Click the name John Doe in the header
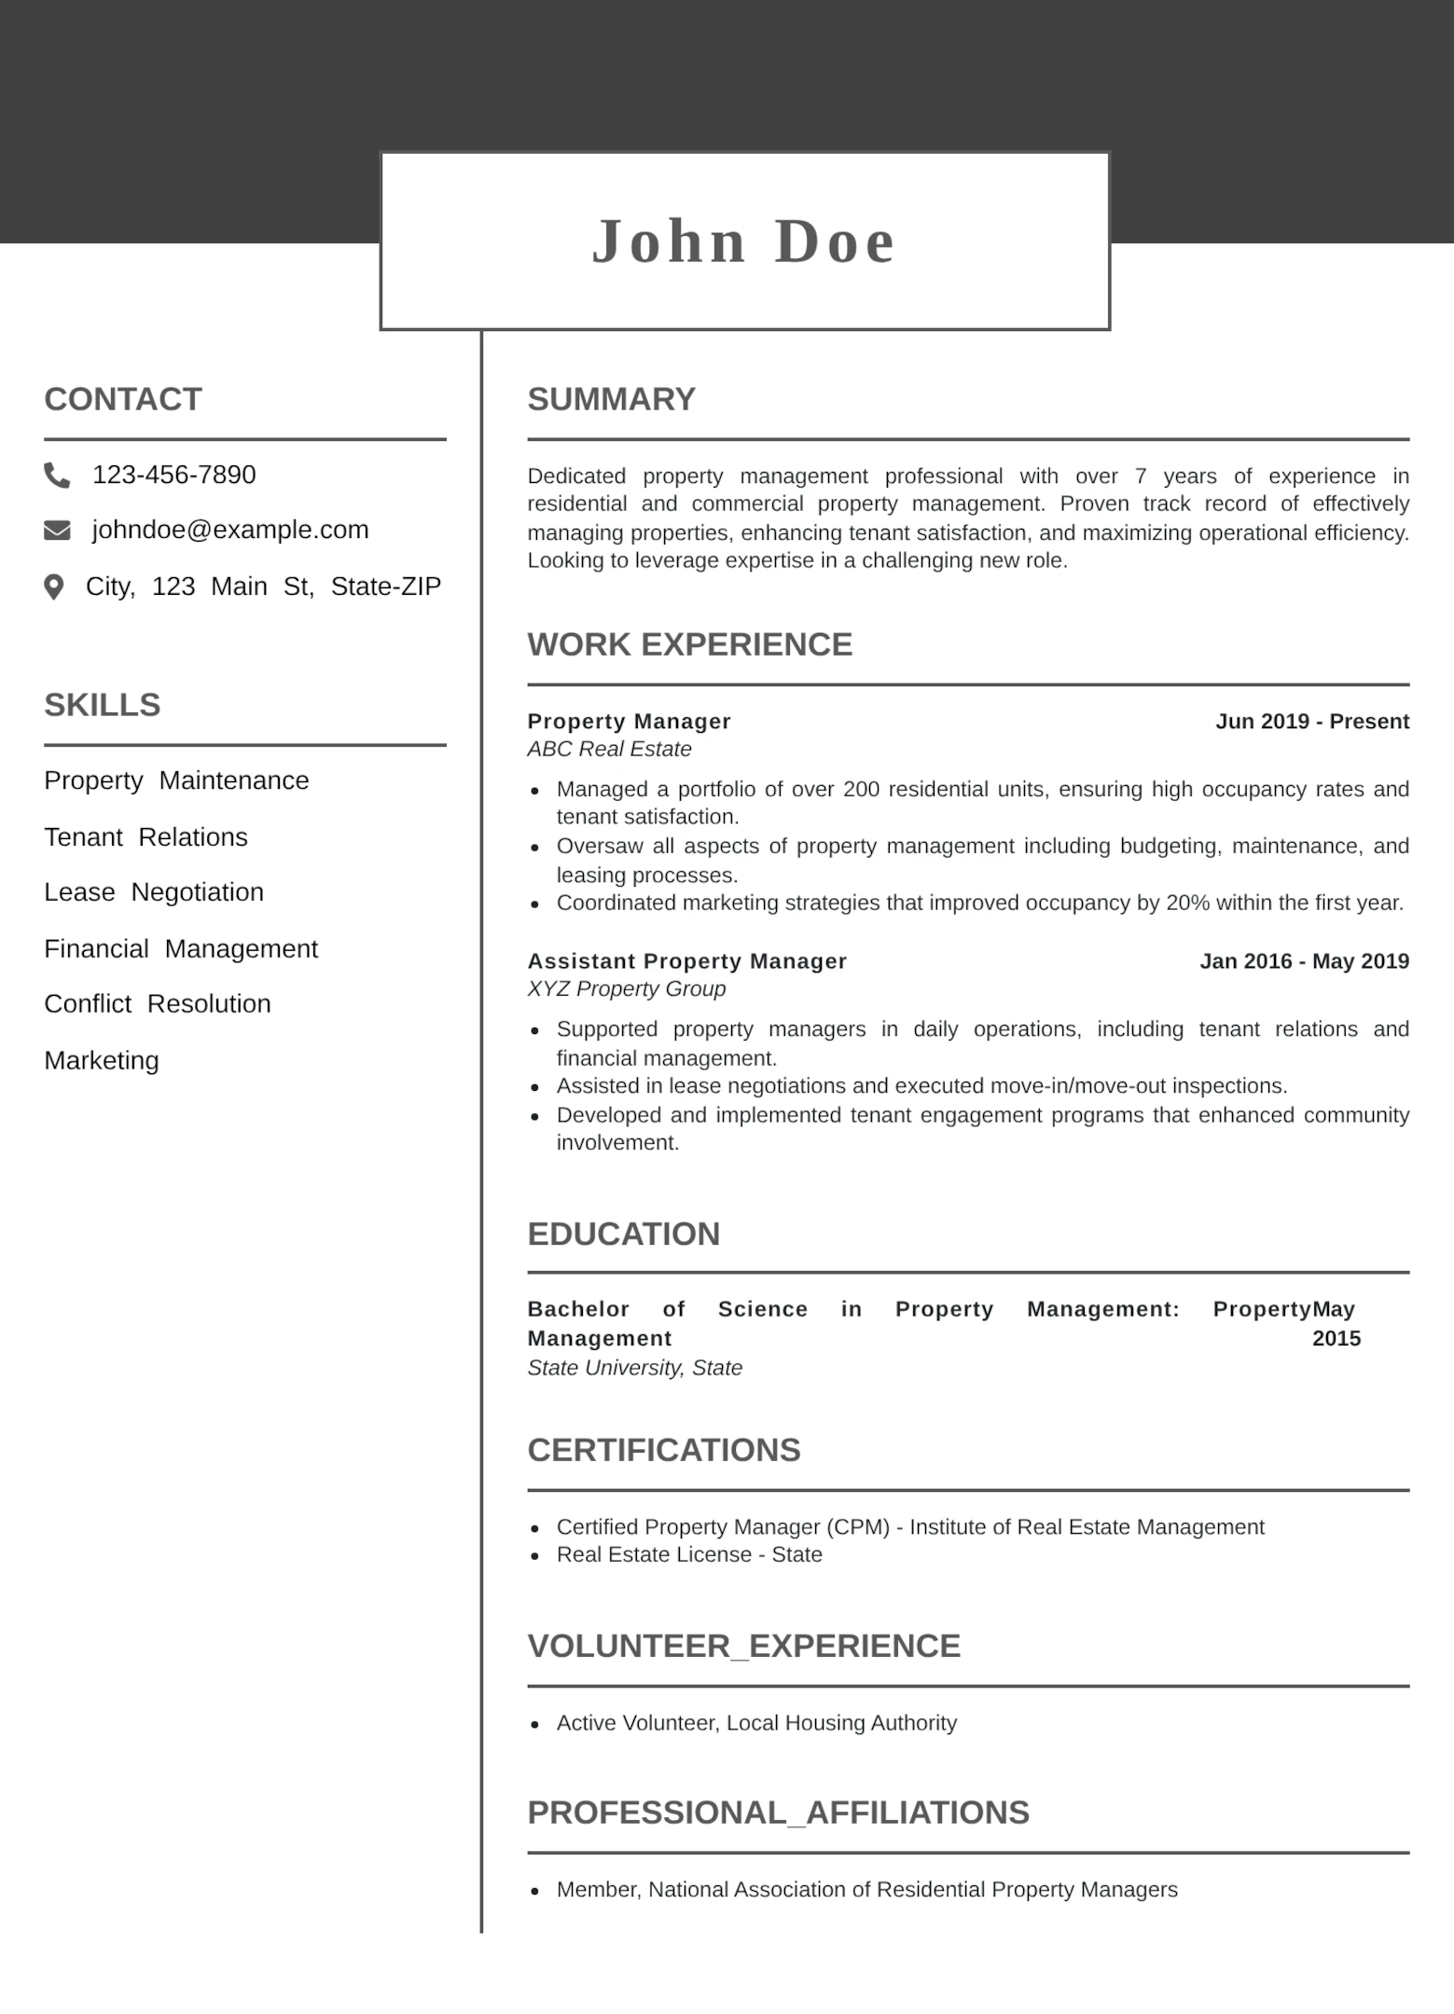[x=744, y=241]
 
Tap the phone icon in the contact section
[x=57, y=476]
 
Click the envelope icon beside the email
[x=57, y=531]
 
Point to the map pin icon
[x=54, y=586]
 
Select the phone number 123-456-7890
[x=173, y=475]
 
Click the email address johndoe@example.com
[x=230, y=530]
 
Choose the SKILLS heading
[x=103, y=705]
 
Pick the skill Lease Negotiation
[x=154, y=892]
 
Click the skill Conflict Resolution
[x=158, y=1004]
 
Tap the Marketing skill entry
[x=102, y=1060]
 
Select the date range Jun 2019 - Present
[x=1311, y=722]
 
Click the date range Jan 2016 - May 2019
[x=1304, y=961]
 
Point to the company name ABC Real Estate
[x=609, y=750]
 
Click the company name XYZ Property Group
[x=626, y=989]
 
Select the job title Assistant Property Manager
[x=686, y=961]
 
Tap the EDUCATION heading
[x=624, y=1234]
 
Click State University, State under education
[x=634, y=1368]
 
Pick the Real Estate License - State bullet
[x=689, y=1554]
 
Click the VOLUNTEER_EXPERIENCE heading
[x=743, y=1646]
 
